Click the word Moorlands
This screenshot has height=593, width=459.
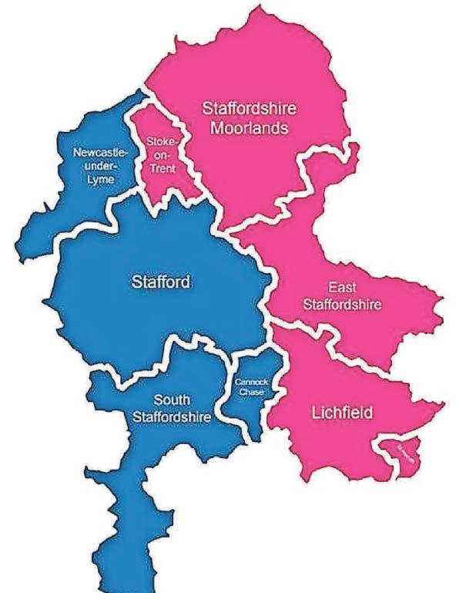241,128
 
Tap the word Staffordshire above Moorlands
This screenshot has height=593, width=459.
242,109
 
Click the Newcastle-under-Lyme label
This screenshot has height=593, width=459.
96,165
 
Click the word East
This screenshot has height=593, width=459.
342,287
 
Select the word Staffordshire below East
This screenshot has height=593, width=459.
342,304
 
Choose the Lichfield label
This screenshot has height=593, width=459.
341,413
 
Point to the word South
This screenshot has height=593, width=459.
171,399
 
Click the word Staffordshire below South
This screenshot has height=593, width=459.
171,417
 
